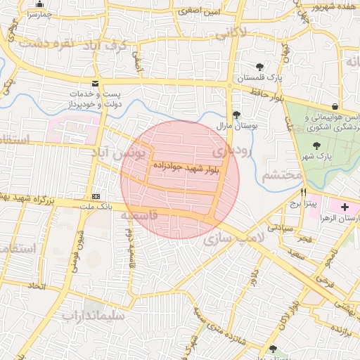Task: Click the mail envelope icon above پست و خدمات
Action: pos(95,84)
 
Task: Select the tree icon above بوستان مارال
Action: pos(236,114)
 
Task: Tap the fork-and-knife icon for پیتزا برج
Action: pos(304,192)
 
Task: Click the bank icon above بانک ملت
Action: pos(96,196)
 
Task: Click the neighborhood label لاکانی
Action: pos(231,32)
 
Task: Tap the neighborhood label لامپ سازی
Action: pos(235,239)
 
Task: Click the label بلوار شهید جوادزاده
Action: pos(186,167)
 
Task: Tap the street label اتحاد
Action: pos(34,286)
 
